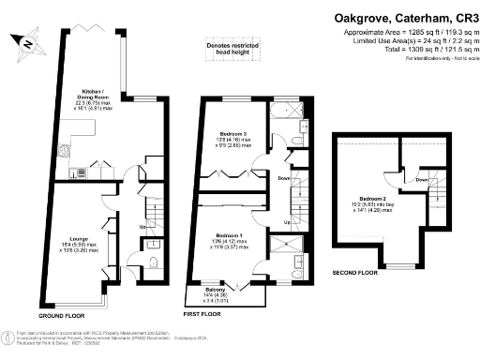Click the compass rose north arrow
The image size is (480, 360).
coord(27,41)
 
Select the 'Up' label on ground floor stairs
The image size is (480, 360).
coord(142,225)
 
